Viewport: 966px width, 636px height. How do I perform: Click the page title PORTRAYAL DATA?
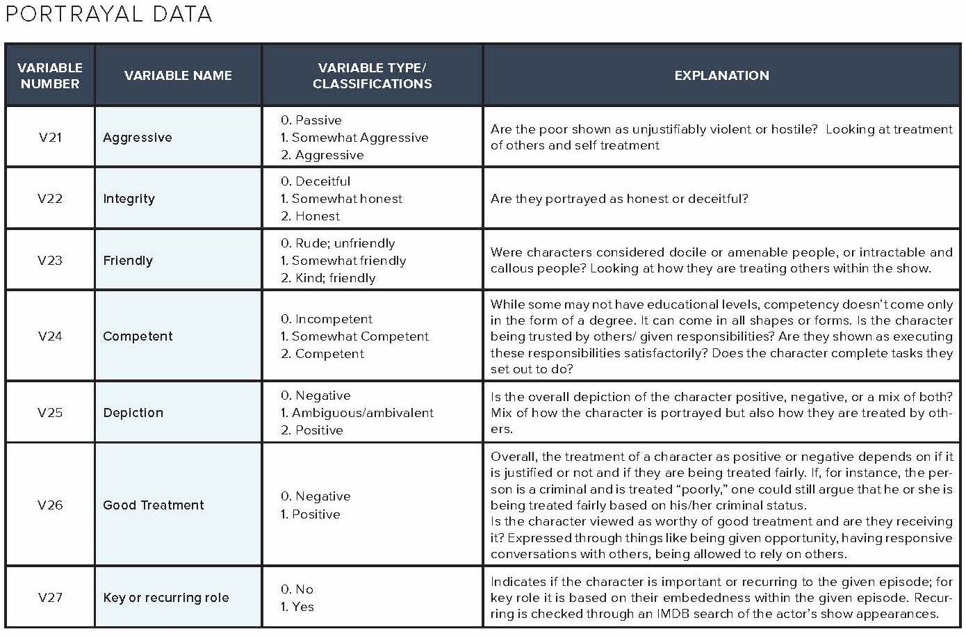click(108, 14)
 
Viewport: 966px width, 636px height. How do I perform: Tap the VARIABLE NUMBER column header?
click(50, 76)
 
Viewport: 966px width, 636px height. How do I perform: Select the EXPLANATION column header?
click(721, 76)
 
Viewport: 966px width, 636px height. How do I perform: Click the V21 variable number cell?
click(50, 137)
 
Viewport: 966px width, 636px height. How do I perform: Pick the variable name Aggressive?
click(138, 138)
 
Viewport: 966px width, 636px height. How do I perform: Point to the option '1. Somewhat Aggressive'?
click(354, 138)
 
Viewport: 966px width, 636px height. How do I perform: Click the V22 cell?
click(50, 199)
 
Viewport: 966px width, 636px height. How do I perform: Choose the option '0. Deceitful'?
click(316, 181)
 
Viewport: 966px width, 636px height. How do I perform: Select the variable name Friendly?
click(128, 261)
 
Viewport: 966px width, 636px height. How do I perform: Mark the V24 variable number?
click(50, 336)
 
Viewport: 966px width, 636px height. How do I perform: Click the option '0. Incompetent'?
click(327, 319)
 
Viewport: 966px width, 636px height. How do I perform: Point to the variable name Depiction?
click(133, 413)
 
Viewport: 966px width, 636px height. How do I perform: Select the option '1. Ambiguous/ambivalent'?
click(357, 413)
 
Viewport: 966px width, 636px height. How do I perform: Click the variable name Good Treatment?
click(154, 505)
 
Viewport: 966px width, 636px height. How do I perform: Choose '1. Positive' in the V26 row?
click(311, 514)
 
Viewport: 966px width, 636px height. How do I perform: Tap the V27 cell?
click(50, 598)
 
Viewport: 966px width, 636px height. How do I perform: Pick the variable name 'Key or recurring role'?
click(166, 598)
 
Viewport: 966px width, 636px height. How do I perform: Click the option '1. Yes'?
click(297, 607)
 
